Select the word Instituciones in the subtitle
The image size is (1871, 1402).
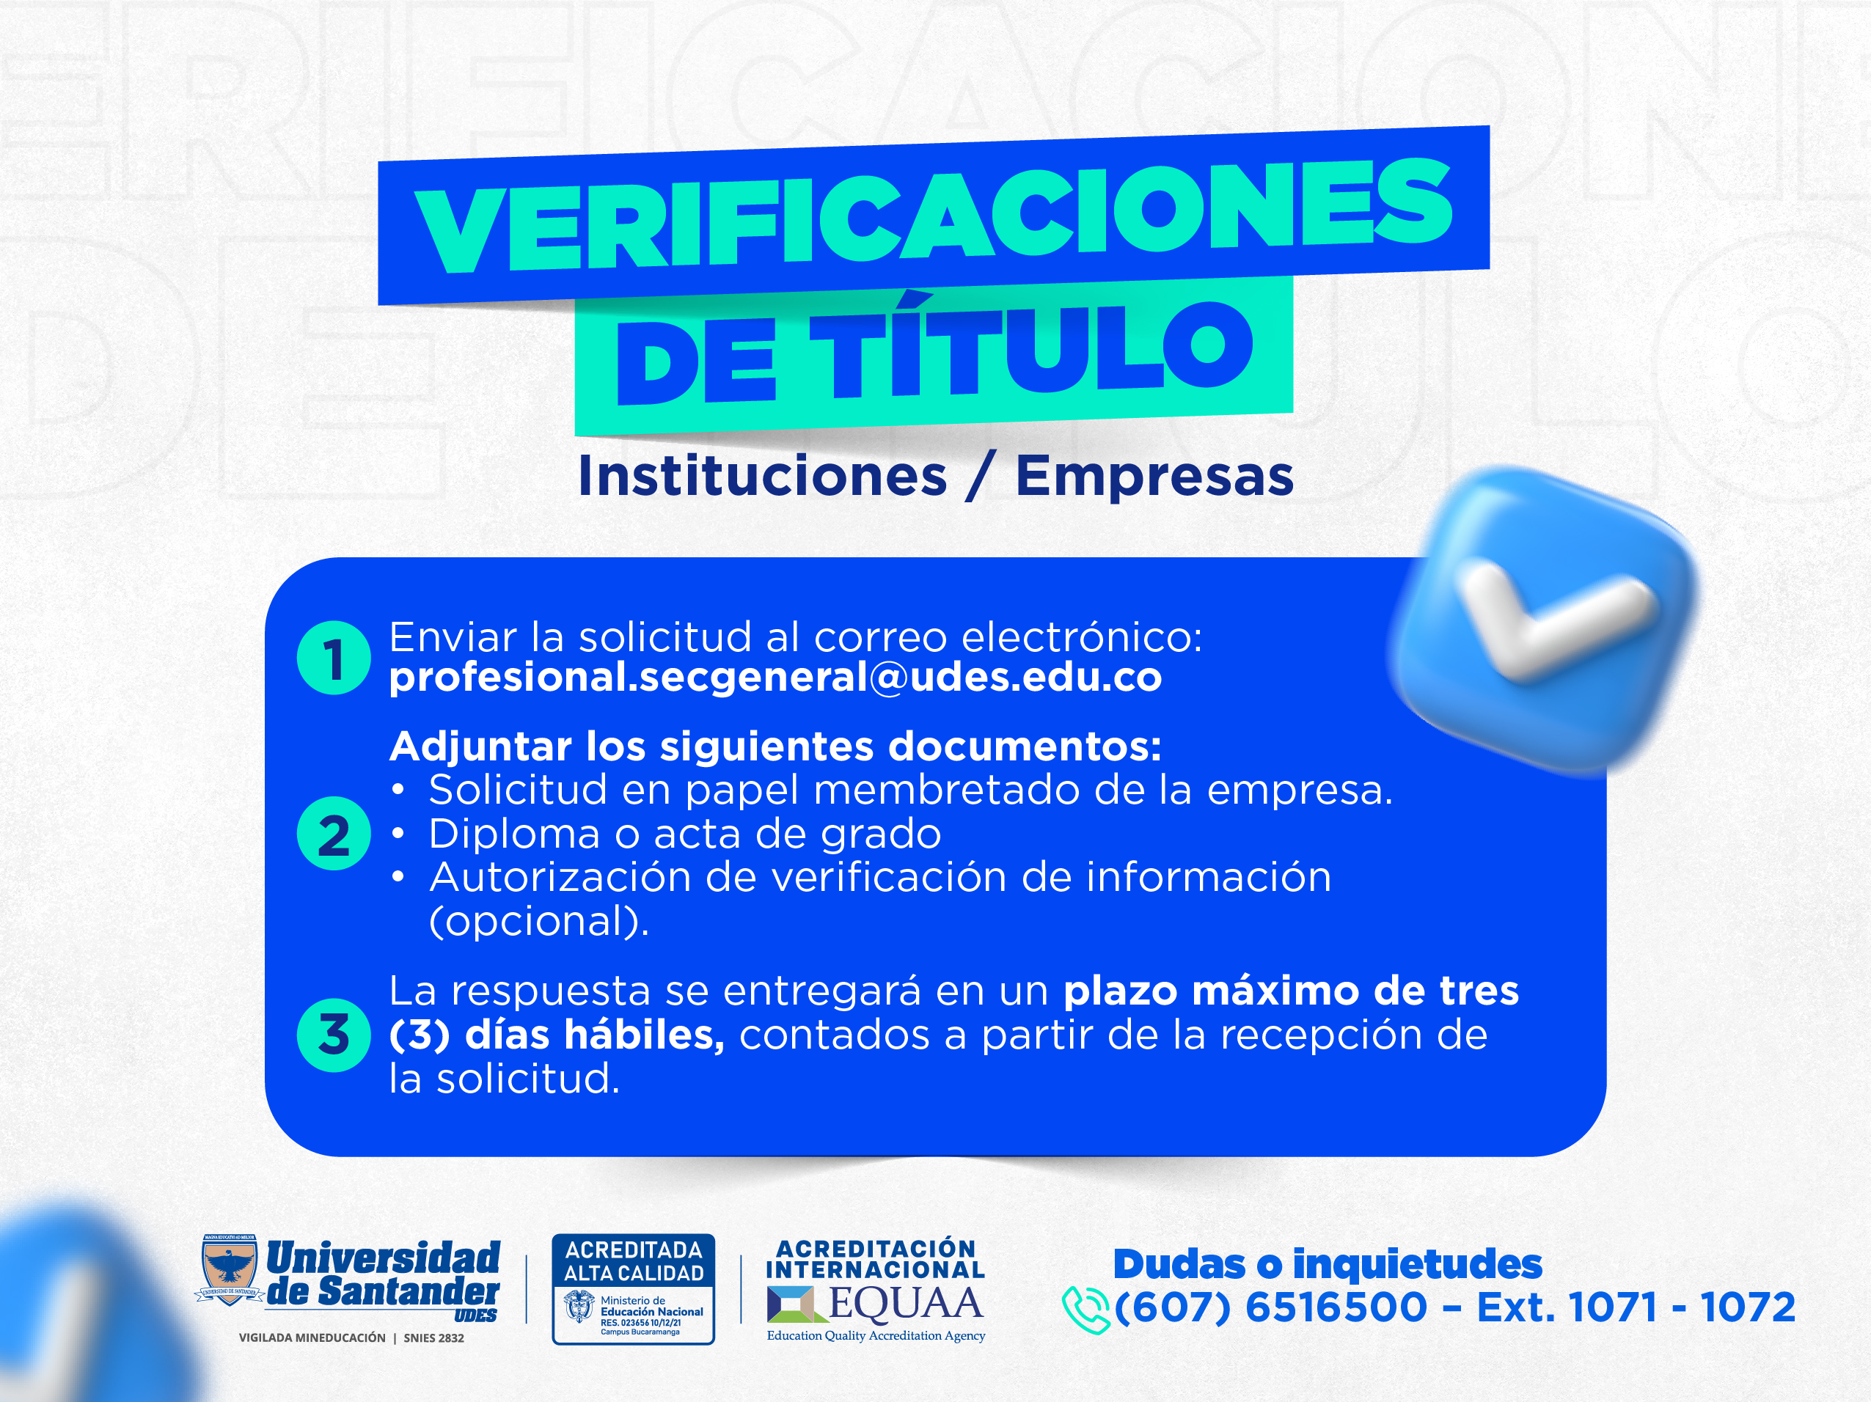click(x=762, y=475)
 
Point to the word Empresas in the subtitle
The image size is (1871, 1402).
click(x=1154, y=477)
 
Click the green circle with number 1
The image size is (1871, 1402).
click(x=334, y=658)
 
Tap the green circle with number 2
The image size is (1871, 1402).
click(x=334, y=834)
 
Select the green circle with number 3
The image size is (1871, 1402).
click(x=334, y=1035)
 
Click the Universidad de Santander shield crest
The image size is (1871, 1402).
click(x=230, y=1269)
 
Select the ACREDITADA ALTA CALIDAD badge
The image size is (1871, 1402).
click(x=634, y=1288)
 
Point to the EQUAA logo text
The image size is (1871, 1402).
click(x=905, y=1303)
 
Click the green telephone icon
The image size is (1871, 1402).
click(x=1085, y=1310)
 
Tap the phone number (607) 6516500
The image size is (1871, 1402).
click(x=1270, y=1307)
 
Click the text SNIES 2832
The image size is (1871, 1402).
click(x=434, y=1337)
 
